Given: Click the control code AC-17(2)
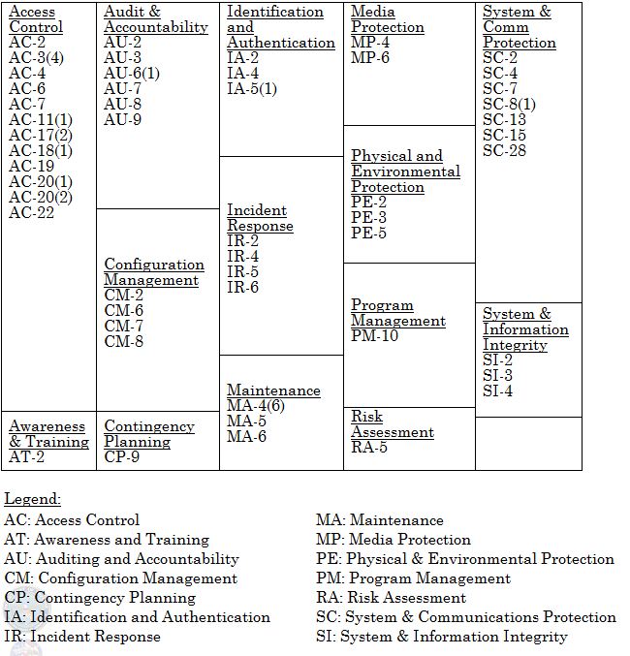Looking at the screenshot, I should click(41, 135).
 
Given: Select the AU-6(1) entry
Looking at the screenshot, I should click(133, 74).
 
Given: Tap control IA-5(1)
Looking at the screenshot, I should click(252, 89).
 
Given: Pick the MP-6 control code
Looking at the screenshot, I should click(370, 58).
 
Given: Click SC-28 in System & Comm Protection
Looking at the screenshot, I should click(505, 151).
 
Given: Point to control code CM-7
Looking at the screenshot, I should click(124, 326).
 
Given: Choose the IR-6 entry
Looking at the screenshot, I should click(242, 288).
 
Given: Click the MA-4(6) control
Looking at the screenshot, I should click(256, 406).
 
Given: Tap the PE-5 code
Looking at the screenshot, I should click(369, 233).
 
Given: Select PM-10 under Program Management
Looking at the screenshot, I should click(375, 336).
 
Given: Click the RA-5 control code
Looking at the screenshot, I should click(369, 448).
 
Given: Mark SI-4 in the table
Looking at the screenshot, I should click(498, 391).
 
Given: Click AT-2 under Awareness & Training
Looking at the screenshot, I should click(27, 457).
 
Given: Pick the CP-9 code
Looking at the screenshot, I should click(122, 457).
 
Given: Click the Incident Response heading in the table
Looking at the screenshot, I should click(260, 218).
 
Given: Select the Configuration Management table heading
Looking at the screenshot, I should click(154, 272).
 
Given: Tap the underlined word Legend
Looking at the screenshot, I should click(32, 499).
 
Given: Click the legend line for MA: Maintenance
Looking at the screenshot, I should click(380, 520).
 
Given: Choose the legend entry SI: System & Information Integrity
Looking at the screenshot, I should click(441, 637).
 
